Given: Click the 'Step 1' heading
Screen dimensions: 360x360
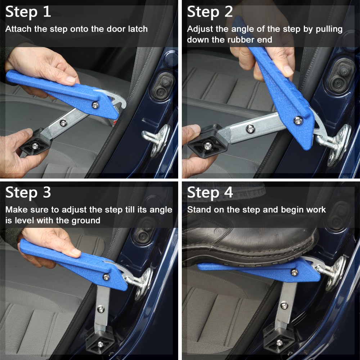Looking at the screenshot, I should pos(28,12).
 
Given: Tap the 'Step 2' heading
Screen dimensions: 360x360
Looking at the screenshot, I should pos(210,12).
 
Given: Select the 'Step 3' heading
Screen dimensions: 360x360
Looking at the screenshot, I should pos(28,193).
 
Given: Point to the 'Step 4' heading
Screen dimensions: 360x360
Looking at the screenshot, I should pos(210,193).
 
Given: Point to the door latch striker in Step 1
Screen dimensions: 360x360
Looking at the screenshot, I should pos(157,139).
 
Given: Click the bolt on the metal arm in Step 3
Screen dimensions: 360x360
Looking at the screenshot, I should pos(101,309).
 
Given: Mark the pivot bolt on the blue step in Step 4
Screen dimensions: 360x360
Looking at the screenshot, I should pos(294,272).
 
